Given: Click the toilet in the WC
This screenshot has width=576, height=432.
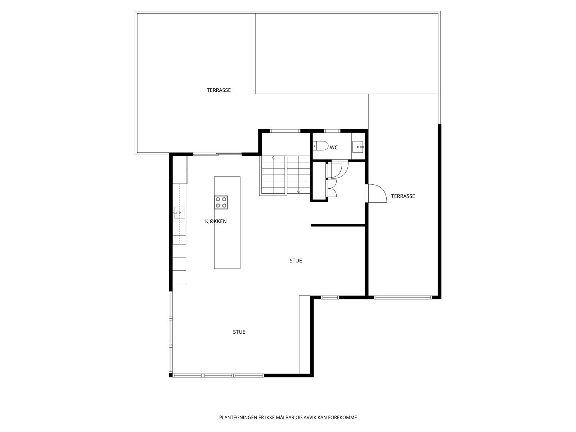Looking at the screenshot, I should tap(321, 146).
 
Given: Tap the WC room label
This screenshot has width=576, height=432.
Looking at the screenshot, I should tap(334, 148).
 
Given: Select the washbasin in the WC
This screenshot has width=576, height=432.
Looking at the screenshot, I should tap(358, 146).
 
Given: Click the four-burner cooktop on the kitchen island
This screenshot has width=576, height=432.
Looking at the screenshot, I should tap(221, 202).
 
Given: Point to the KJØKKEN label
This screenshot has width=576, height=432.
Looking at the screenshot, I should tap(216, 221).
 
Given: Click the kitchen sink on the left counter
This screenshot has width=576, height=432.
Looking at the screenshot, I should tap(179, 213).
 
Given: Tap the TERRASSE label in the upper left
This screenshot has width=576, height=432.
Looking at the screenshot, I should tap(219, 90).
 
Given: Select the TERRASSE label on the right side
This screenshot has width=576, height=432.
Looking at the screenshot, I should tap(403, 196).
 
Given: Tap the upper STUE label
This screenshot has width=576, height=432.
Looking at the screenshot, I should tap(296, 261).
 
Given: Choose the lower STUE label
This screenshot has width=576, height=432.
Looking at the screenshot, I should tap(239, 332).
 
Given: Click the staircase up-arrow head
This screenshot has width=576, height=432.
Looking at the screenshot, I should tap(273, 157).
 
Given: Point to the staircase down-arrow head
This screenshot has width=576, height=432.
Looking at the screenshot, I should tap(298, 192).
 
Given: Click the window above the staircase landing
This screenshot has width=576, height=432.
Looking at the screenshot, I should tap(285, 131).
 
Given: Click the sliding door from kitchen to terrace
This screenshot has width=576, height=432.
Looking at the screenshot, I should tap(217, 155).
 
